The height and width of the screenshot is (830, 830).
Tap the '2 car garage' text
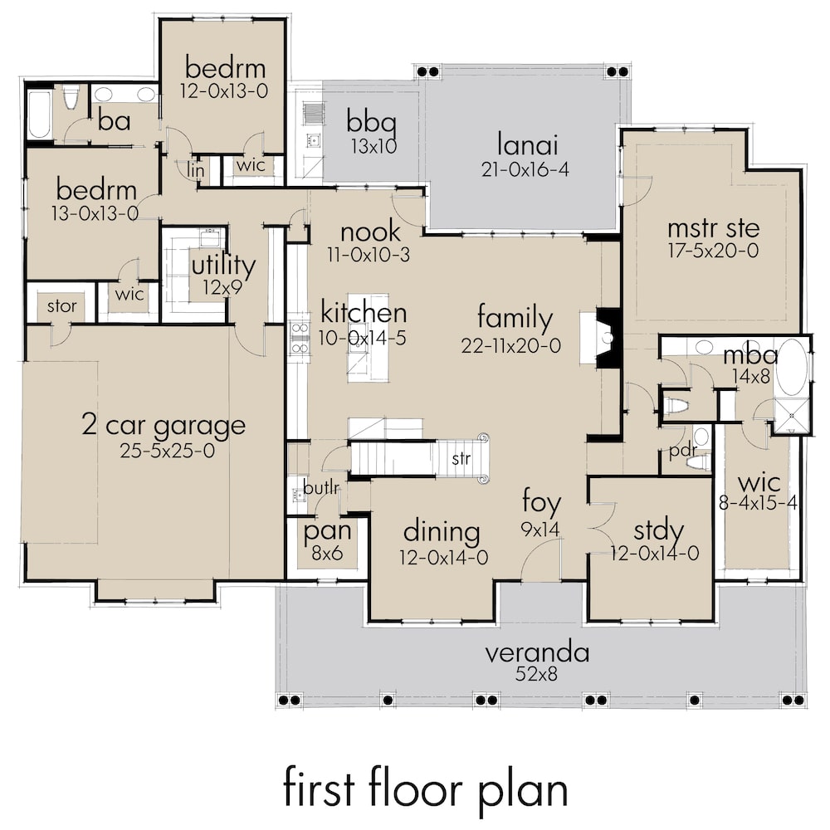tap(164, 426)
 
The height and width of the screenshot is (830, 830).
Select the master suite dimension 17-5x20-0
tap(714, 251)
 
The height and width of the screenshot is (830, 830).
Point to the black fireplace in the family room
tap(609, 335)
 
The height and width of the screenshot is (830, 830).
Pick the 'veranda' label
tap(538, 652)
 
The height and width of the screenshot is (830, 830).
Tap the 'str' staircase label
tap(461, 457)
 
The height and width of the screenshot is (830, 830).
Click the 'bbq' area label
tap(371, 124)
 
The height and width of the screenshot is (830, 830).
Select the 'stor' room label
tap(61, 306)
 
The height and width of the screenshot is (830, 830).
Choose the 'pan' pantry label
tap(325, 530)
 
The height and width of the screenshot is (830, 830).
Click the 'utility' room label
tap(222, 267)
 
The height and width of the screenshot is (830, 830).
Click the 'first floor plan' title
tap(425, 788)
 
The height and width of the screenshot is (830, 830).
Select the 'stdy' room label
tap(658, 530)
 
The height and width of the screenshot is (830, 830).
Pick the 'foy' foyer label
tap(541, 503)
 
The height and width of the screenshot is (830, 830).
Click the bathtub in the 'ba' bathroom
tap(39, 115)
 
